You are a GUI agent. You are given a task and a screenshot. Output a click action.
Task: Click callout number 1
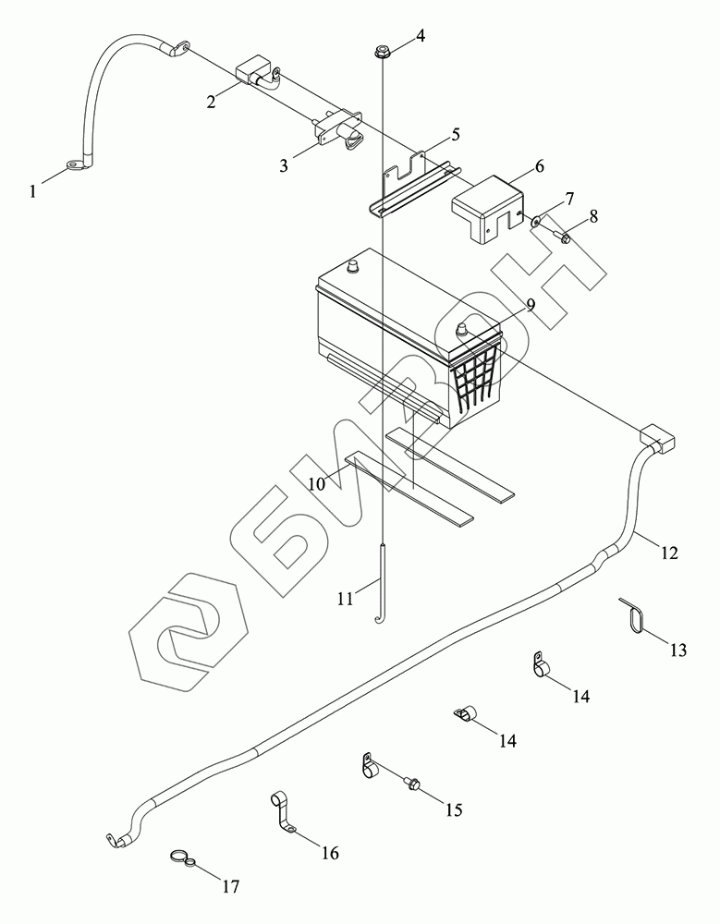34,192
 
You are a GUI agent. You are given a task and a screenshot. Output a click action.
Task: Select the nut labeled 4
382,50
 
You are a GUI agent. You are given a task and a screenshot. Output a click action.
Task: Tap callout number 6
538,166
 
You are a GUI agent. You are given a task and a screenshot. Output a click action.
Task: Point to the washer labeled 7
537,221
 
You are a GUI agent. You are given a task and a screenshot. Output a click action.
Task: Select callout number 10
316,483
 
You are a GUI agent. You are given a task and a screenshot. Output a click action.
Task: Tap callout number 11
345,599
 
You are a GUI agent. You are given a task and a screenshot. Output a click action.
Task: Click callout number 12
669,553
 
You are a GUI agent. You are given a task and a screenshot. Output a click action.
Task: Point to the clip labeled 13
632,617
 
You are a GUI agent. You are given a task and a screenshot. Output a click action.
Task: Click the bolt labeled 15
413,784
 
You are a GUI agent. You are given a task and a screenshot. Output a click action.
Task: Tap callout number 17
230,887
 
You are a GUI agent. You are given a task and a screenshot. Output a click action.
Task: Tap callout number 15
453,810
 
